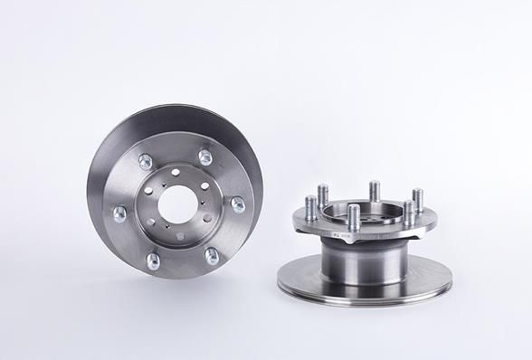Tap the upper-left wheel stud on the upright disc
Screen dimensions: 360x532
pos(144,162)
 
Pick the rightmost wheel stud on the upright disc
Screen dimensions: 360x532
pos(238,205)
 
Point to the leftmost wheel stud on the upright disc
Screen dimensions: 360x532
pos(119,214)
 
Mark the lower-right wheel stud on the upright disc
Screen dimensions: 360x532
pos(212,256)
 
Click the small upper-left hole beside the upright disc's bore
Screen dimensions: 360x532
pos(147,190)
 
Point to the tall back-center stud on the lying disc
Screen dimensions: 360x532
pos(374,191)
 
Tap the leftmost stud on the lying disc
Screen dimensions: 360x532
pos(309,207)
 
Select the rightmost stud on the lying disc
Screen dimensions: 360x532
pos(418,198)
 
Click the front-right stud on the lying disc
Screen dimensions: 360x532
pos(408,213)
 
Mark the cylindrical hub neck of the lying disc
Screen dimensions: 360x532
pos(362,266)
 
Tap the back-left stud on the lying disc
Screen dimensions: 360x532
pos(323,194)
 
